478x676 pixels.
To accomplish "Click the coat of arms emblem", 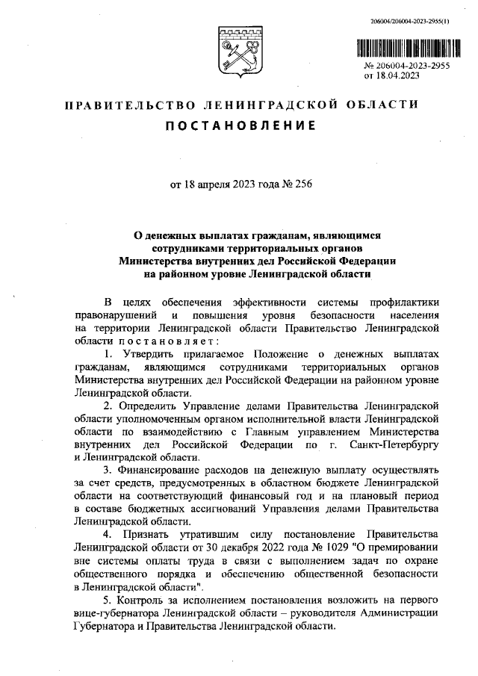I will click(x=239, y=51).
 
